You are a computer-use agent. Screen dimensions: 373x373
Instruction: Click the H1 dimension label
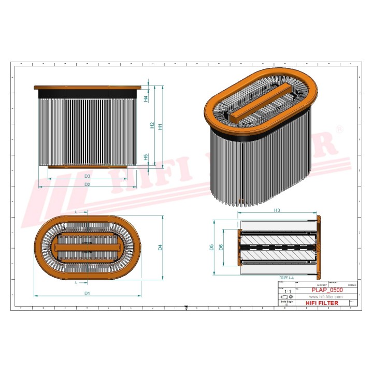tap(161, 126)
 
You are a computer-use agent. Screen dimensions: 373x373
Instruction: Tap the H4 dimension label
tap(146, 98)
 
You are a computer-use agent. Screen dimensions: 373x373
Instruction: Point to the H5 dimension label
tap(146, 156)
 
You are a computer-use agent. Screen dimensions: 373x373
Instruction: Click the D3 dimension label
tap(88, 177)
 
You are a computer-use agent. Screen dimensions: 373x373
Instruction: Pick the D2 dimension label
tap(88, 184)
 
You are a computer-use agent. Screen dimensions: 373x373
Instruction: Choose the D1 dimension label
tap(88, 294)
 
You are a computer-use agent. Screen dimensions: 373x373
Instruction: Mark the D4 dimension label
tap(161, 247)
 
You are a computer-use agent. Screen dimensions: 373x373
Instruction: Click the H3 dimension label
tap(277, 210)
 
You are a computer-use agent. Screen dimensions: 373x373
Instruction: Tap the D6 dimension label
tap(221, 248)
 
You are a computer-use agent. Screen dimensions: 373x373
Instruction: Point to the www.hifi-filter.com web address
tap(326, 296)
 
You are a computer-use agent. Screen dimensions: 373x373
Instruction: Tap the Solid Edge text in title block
tap(286, 301)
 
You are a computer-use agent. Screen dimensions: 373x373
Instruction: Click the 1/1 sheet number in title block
tap(282, 292)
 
